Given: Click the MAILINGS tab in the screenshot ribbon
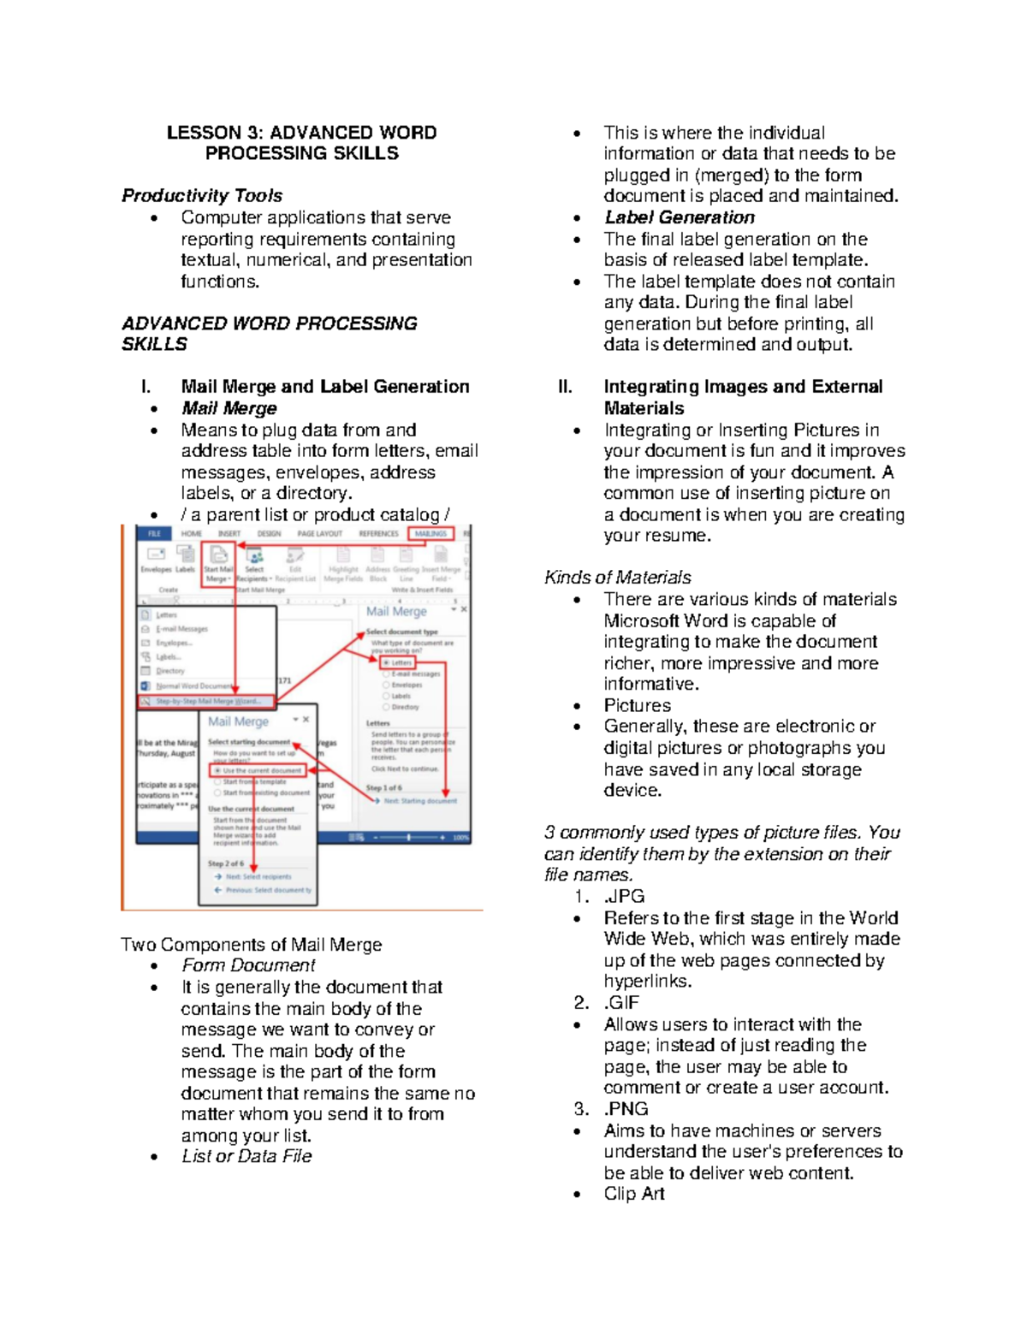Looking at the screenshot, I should click(430, 534).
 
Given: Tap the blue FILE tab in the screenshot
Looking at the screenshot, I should click(154, 534).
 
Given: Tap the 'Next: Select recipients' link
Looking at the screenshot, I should click(258, 876).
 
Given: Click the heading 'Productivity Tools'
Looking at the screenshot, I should click(202, 196).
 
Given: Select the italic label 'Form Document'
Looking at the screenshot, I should click(248, 965).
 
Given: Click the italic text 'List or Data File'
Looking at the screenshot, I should click(246, 1156).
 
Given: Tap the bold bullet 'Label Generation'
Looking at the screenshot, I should click(680, 217).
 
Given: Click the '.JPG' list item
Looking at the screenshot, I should click(624, 897).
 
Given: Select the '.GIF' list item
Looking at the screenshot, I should click(622, 1003).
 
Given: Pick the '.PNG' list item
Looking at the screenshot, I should click(626, 1109).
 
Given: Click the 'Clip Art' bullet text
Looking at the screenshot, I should click(634, 1194).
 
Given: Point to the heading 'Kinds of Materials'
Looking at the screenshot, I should click(618, 578).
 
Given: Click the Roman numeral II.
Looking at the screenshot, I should click(565, 387).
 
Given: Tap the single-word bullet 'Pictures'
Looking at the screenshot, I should click(638, 705).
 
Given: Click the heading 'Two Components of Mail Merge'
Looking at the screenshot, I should click(252, 945).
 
